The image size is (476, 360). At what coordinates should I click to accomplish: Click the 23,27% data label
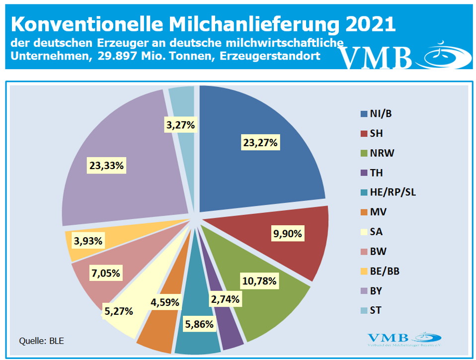pos(260,143)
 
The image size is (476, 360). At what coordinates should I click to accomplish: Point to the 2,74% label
pos(225,299)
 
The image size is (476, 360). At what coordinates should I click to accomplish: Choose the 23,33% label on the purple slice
pos(106,166)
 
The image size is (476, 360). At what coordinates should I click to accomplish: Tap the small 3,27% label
pos(181,125)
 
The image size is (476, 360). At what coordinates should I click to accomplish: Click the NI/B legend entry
pos(381,113)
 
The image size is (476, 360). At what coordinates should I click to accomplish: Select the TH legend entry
pos(376,173)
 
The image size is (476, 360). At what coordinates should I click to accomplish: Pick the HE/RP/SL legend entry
pos(393,192)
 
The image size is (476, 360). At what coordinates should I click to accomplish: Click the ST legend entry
pos(376,311)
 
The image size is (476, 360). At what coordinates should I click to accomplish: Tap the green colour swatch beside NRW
pos(364,153)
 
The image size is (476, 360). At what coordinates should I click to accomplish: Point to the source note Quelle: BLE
pos(42,341)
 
